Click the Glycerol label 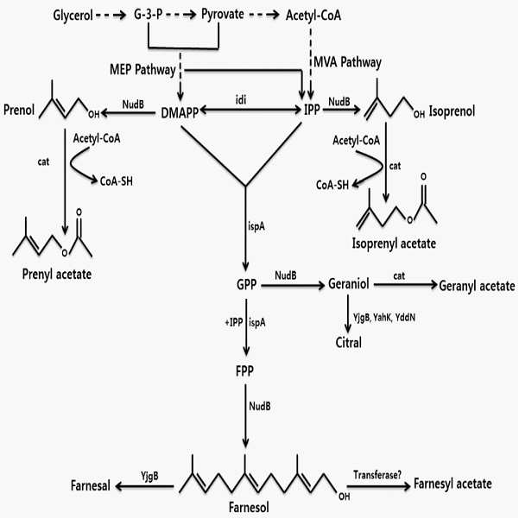73,16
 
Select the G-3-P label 148,14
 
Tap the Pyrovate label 223,15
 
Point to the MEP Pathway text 142,69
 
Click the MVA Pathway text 347,62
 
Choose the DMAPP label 180,113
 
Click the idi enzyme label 241,99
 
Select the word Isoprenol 452,111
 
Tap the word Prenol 19,110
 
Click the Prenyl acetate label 57,274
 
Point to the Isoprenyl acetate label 394,244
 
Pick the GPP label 247,284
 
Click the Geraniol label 349,283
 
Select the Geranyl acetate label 477,286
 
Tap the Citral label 349,342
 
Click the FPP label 244,371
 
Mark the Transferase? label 377,475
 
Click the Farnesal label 91,485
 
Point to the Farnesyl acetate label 453,484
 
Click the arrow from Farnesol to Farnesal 144,486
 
